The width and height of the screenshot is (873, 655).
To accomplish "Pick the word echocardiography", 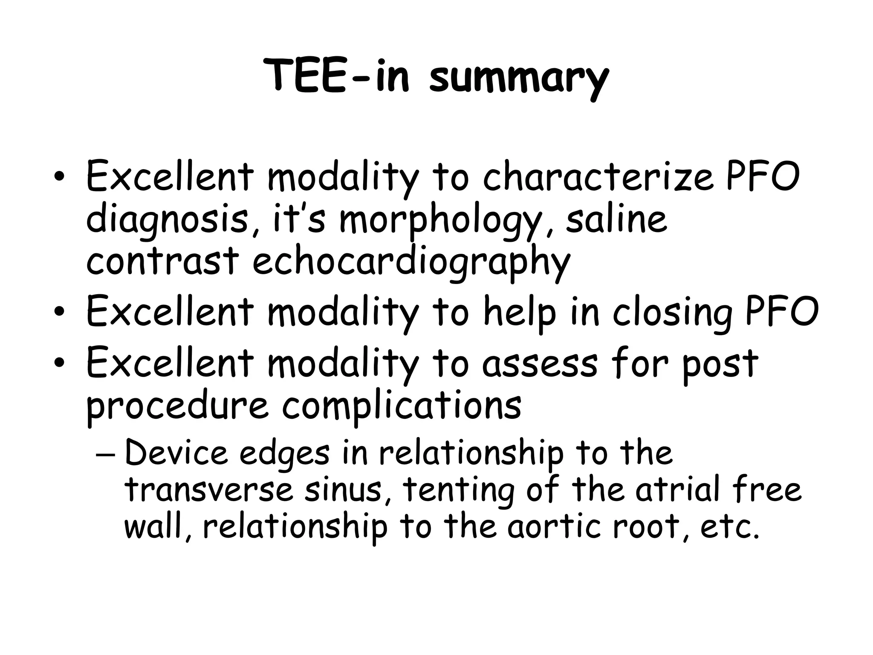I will coord(411,262).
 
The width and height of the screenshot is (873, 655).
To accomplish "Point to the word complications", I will coord(401,405).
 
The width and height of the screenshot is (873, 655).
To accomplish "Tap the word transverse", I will coord(209,490).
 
